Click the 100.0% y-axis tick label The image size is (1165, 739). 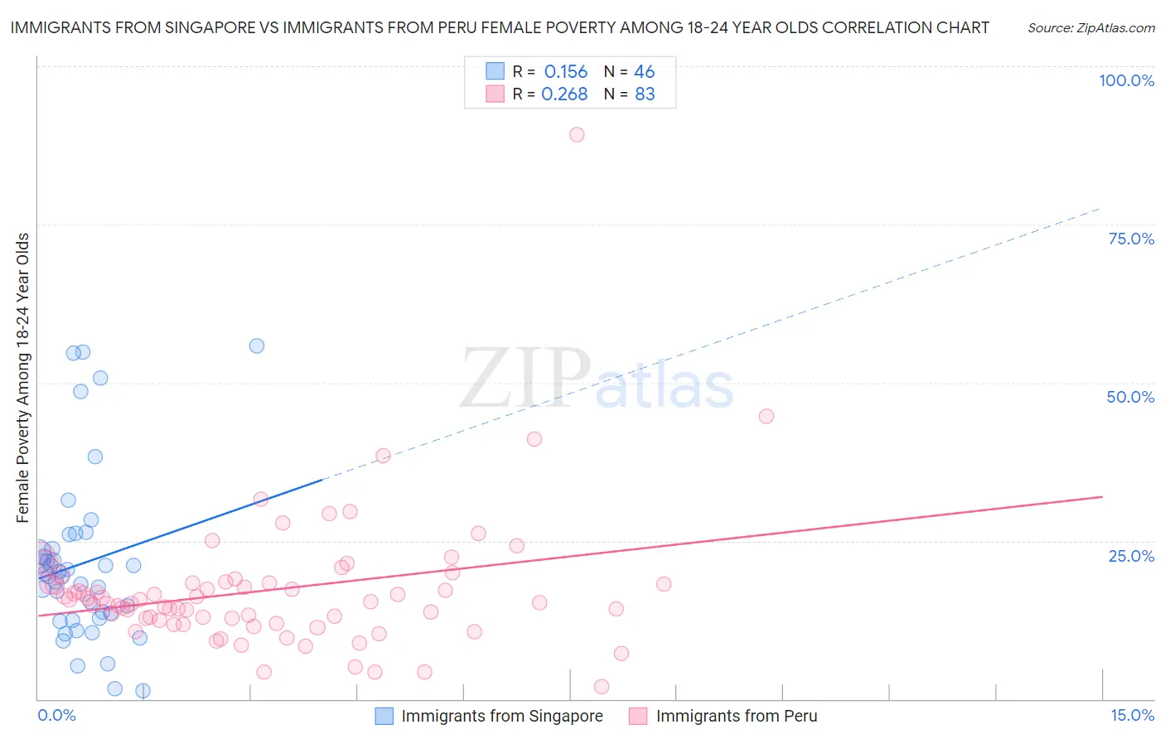[x=1126, y=80]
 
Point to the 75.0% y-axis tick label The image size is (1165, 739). [x=1131, y=239]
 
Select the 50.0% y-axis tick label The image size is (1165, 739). [x=1130, y=397]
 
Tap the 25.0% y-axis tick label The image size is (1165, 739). [x=1131, y=556]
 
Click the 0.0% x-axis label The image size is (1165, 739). [x=56, y=715]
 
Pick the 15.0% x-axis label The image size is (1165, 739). [x=1132, y=715]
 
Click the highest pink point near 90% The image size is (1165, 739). [x=577, y=134]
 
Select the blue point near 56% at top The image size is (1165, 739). [x=257, y=345]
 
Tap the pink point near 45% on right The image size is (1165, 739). [x=766, y=416]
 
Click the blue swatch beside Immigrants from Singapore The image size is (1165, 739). [x=384, y=716]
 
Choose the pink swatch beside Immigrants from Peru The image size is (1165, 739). [x=638, y=716]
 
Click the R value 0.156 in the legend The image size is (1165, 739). [x=566, y=71]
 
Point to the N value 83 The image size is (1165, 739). [x=645, y=94]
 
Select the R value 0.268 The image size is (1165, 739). [x=564, y=94]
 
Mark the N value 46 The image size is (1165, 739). [x=644, y=71]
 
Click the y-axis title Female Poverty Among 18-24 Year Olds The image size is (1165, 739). [x=23, y=378]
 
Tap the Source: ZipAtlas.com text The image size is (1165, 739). [x=1090, y=27]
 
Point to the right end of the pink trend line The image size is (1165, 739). [x=1102, y=496]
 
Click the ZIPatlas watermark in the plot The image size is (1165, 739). [x=597, y=379]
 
